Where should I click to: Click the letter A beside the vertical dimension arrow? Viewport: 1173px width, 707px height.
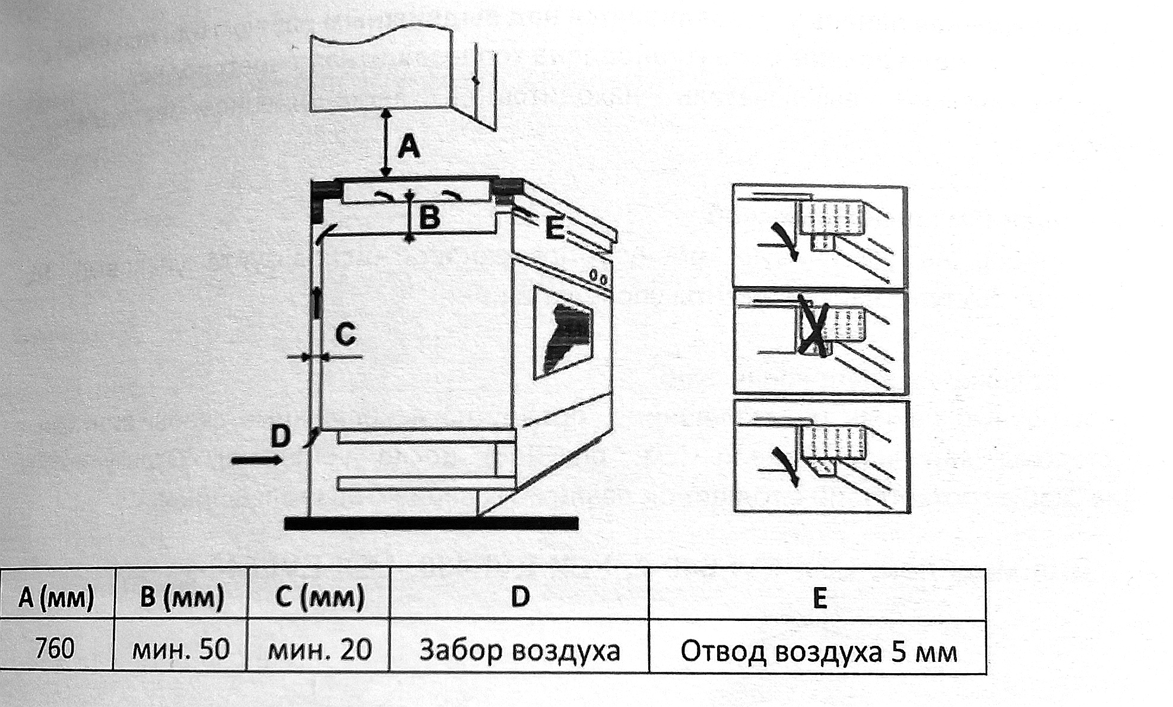click(x=408, y=147)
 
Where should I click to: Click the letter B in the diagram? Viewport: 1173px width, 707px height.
click(x=430, y=217)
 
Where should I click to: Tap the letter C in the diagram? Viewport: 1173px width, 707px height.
click(x=345, y=334)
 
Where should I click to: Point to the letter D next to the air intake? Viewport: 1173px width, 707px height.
click(x=280, y=436)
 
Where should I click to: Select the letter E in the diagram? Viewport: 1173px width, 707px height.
click(x=554, y=229)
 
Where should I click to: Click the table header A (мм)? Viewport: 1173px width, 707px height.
click(x=56, y=597)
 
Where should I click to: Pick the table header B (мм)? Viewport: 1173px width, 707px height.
click(x=181, y=597)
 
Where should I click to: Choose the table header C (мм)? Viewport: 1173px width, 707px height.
click(x=319, y=597)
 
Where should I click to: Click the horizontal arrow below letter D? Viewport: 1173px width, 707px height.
click(x=256, y=460)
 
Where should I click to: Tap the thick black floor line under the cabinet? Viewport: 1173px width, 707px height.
click(x=431, y=523)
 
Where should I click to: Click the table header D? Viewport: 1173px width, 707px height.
click(x=520, y=597)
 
